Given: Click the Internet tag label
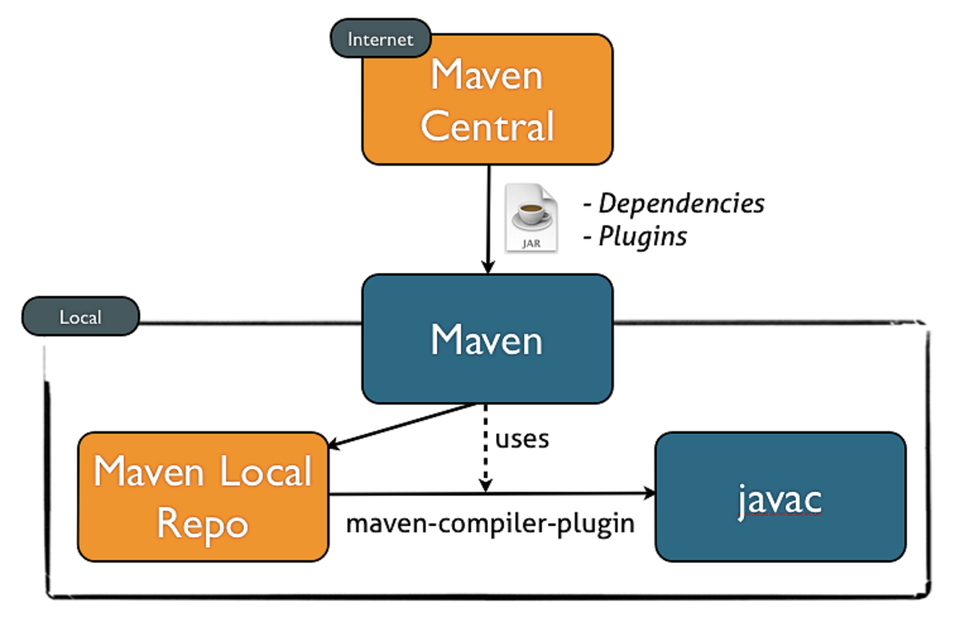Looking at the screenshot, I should (x=381, y=38).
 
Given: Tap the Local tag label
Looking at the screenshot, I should (x=81, y=318).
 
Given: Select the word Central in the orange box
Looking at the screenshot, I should (x=487, y=126).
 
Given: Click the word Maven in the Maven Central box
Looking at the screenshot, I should (x=487, y=75).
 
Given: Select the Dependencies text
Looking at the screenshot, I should (x=681, y=203).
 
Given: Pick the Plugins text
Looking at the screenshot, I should (x=642, y=237).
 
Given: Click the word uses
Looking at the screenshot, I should (x=522, y=439).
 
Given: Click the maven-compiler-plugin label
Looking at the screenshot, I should (x=490, y=524).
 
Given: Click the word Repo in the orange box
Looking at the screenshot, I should (x=202, y=524).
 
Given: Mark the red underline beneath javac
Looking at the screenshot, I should (x=779, y=518).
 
